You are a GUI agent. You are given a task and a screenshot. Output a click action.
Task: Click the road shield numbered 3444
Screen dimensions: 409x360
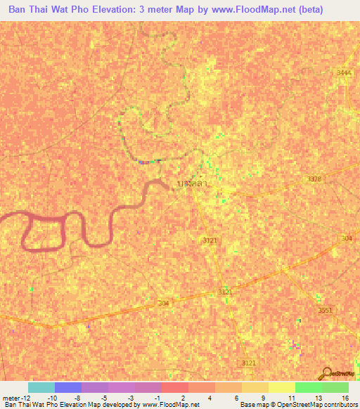pyautogui.click(x=343, y=72)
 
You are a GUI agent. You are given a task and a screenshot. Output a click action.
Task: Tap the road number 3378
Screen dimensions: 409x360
pyautogui.click(x=314, y=179)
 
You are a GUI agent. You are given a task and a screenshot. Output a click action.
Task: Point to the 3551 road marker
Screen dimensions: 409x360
pyautogui.click(x=324, y=310)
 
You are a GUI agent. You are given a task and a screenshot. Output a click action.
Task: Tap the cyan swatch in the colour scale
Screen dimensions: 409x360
pyautogui.click(x=41, y=387)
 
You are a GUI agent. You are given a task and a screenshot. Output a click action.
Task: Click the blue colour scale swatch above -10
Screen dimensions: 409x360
pyautogui.click(x=67, y=387)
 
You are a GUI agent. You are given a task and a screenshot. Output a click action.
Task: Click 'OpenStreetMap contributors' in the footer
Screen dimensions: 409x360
pyautogui.click(x=316, y=405)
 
